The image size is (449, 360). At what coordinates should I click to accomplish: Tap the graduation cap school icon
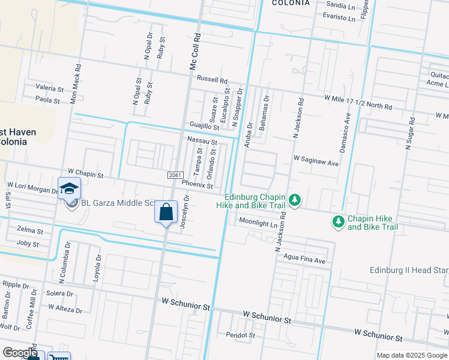pyautogui.click(x=70, y=188)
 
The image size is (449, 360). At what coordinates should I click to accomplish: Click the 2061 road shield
pyautogui.click(x=174, y=175)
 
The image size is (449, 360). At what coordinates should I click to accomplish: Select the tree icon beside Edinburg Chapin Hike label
pyautogui.click(x=294, y=200)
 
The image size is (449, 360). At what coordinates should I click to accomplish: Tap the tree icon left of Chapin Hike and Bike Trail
pyautogui.click(x=339, y=222)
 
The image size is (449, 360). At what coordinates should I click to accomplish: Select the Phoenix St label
pyautogui.click(x=197, y=185)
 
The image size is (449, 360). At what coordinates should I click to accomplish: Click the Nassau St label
pyautogui.click(x=202, y=141)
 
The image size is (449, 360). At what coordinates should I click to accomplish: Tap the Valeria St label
pyautogui.click(x=49, y=88)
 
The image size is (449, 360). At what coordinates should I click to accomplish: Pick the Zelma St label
pyautogui.click(x=30, y=231)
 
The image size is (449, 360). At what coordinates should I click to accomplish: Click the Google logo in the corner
pyautogui.click(x=20, y=353)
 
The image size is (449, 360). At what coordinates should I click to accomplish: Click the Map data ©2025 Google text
pyautogui.click(x=411, y=355)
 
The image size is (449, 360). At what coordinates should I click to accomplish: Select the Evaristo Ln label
pyautogui.click(x=340, y=18)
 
